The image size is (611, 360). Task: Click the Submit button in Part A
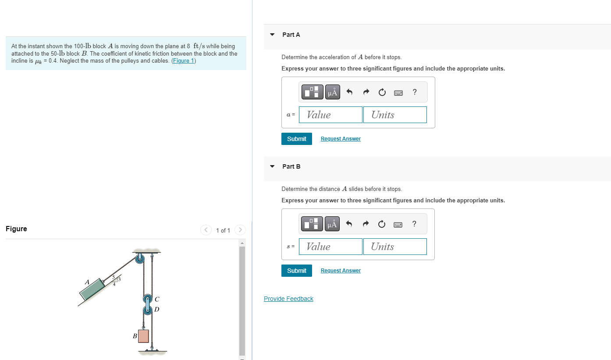296,139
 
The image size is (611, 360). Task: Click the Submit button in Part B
296,271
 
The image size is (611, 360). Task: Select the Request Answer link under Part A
341,139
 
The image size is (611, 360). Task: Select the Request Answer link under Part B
341,271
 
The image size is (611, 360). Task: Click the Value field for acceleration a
330,115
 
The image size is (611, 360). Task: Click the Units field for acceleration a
394,115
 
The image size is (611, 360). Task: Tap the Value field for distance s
330,247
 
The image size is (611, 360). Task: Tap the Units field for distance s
394,247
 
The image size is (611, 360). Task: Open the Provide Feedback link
288,299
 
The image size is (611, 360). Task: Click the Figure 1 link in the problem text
183,61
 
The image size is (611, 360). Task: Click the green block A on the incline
92,289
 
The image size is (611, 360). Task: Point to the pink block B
143,336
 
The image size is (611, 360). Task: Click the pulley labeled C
148,299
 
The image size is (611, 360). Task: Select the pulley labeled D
148,310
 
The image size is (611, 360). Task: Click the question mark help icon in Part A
415,92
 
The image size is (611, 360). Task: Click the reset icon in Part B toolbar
382,224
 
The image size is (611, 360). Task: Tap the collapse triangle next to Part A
272,35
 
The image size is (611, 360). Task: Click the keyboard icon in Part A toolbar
398,92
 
